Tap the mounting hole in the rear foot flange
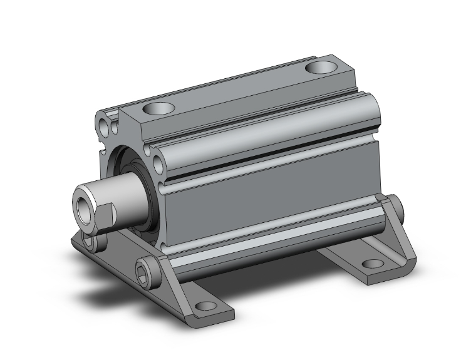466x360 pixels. (373, 264)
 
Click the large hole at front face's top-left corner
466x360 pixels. (105, 118)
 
